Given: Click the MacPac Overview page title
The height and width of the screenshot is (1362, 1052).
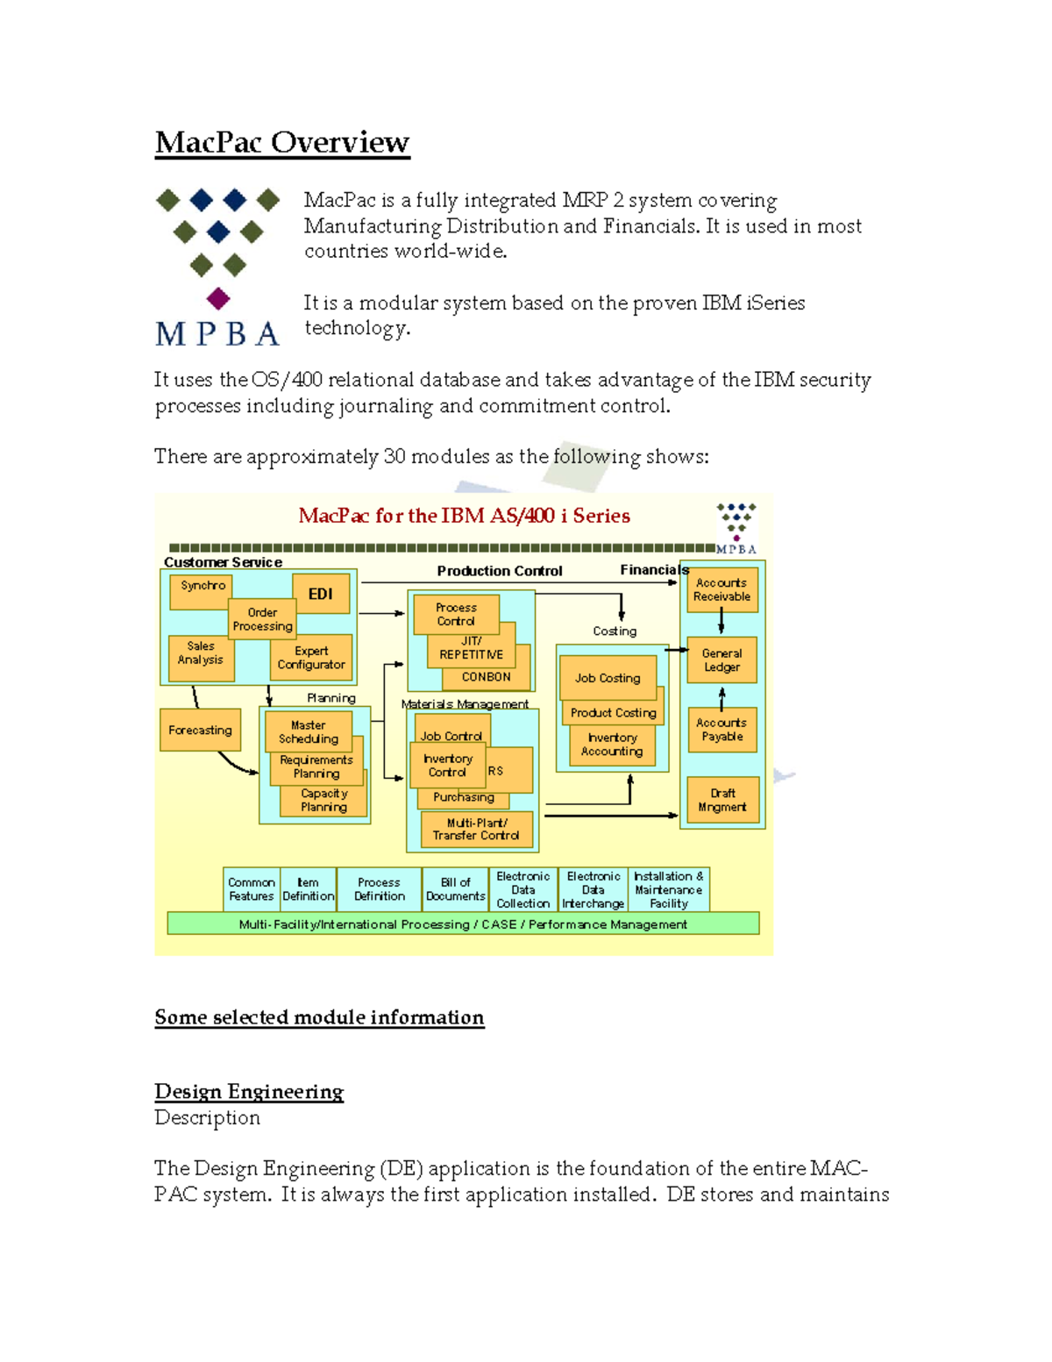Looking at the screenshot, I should point(281,142).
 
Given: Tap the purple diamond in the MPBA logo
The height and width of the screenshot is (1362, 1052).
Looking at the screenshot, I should point(218,298).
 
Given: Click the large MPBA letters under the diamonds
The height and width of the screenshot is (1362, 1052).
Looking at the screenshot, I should point(217,333).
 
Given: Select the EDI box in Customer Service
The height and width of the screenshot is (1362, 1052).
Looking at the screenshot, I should point(320,594).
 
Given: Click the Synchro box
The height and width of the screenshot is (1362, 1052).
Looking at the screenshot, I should point(202,587).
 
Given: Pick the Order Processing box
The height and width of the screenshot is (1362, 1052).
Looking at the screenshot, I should point(262,619).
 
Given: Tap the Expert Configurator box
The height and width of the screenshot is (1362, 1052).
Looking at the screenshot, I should point(311,658).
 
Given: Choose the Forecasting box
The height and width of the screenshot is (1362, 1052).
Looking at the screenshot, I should point(200,730).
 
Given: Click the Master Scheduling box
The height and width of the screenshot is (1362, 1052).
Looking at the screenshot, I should point(308,731).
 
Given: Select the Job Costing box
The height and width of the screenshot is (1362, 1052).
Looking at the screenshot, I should point(608,678).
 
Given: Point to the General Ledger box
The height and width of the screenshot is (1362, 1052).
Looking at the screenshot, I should point(721,660).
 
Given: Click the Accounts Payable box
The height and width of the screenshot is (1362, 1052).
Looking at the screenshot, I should point(721,730).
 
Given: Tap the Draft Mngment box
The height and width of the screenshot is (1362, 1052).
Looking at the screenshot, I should point(721,800).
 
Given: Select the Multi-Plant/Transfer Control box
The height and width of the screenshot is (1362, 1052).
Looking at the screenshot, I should point(476,829).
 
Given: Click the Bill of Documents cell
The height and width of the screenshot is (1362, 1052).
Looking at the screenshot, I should point(455,889).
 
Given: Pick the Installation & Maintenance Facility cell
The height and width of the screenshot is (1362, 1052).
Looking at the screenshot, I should point(668,889).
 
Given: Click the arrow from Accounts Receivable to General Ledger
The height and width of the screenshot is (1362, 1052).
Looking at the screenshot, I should point(721,622).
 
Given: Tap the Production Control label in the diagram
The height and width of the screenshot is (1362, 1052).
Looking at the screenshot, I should point(500,571).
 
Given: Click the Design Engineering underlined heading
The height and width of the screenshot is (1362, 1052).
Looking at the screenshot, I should point(249,1091).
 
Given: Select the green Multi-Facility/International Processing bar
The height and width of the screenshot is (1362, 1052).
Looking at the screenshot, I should point(463,923).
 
